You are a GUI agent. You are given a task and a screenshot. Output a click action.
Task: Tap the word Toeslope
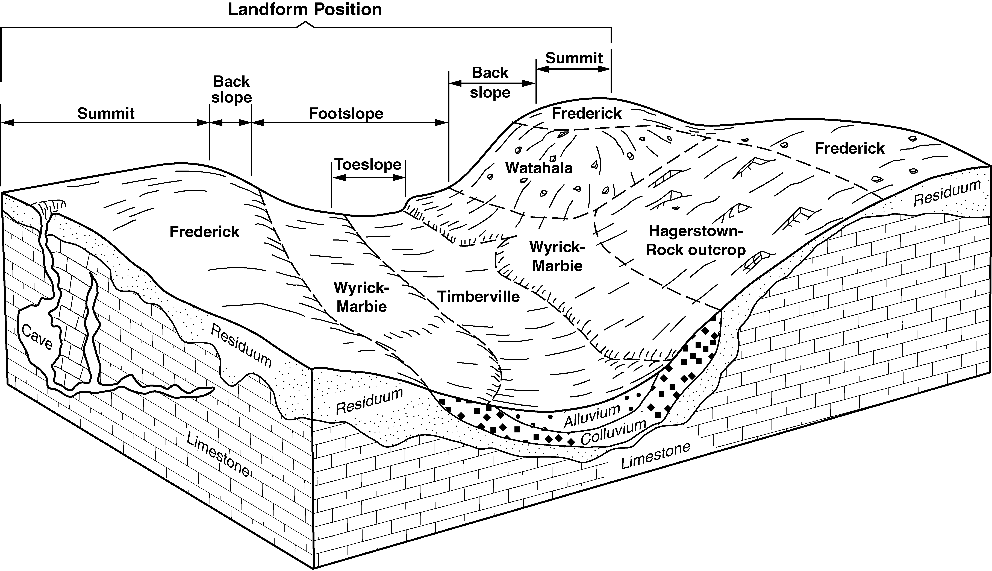point(368,164)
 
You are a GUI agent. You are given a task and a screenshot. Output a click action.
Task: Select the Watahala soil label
point(539,168)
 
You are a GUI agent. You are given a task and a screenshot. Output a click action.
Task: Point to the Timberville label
point(479,297)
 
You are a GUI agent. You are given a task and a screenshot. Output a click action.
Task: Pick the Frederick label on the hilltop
point(587,113)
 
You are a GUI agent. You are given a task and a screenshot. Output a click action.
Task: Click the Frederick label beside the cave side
point(204,232)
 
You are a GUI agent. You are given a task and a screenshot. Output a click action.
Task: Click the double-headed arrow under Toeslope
point(368,177)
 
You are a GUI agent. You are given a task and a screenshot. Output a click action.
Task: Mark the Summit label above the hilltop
point(574,58)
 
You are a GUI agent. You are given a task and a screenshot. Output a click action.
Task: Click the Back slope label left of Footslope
point(231,89)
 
